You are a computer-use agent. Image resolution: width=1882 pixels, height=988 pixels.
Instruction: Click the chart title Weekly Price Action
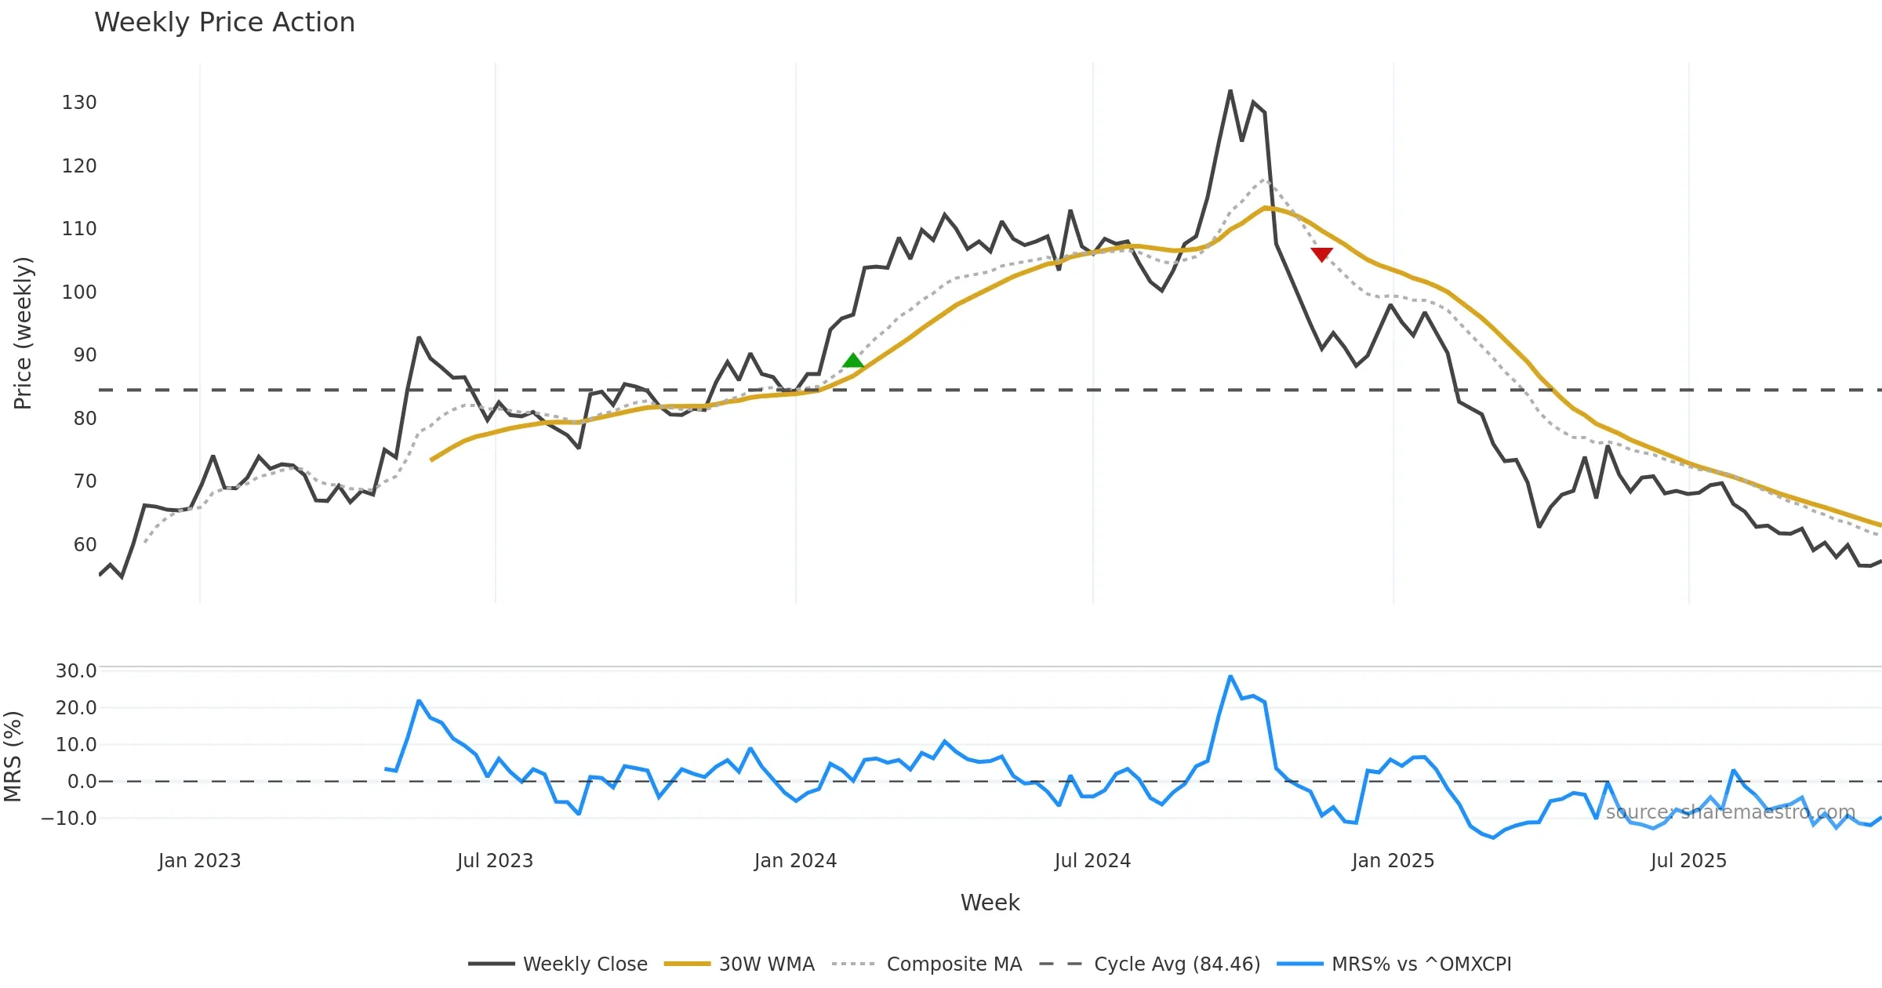[224, 23]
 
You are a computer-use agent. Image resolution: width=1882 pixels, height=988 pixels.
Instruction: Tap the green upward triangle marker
[853, 361]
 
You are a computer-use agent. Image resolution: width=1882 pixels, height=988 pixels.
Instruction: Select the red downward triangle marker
[1321, 254]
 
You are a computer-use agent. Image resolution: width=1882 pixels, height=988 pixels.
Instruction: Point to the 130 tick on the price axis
[79, 103]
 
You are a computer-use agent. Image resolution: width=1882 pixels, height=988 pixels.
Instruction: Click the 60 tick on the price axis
[85, 544]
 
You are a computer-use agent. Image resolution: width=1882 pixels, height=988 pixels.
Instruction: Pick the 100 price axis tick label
[79, 292]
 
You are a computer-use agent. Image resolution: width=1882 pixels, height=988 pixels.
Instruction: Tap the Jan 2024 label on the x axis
[795, 860]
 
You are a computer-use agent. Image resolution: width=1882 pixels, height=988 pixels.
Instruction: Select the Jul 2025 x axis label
[1688, 860]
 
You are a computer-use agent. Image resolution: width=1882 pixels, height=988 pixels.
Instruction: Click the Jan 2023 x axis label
[199, 860]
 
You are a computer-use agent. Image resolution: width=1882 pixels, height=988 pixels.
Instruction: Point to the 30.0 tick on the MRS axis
[76, 670]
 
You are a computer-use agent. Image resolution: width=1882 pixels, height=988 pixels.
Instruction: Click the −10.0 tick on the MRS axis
[69, 818]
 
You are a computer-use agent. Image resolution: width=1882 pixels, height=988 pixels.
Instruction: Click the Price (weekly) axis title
[23, 333]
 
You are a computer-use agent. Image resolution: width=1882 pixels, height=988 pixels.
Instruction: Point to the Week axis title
[990, 903]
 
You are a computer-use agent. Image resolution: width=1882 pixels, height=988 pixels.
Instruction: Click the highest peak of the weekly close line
[1230, 91]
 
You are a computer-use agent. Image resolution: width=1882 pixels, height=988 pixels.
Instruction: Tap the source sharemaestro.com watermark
[1730, 812]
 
